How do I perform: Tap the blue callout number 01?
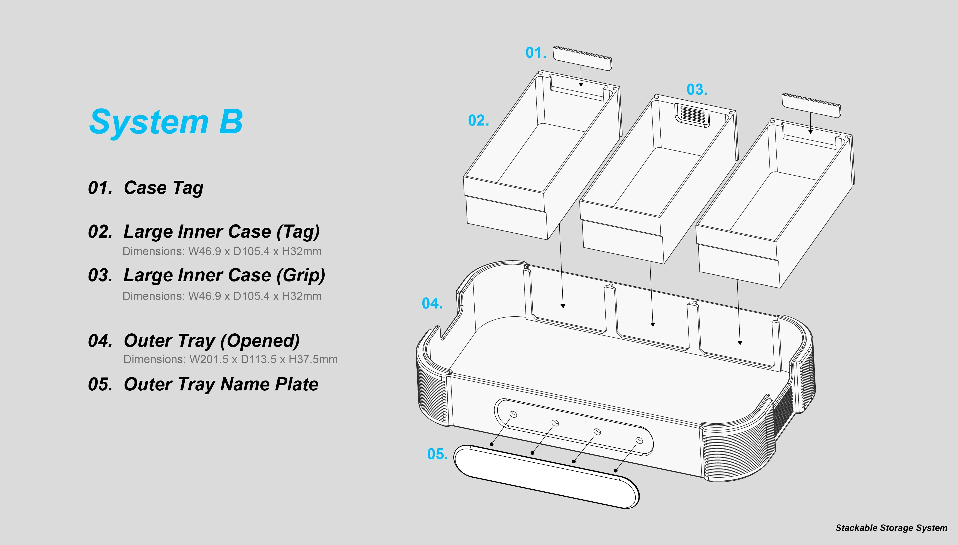coord(536,53)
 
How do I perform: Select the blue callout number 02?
coord(478,120)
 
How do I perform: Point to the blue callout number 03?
coord(697,90)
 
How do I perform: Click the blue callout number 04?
coord(432,303)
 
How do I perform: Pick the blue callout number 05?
coord(437,454)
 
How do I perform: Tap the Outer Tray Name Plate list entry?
coord(221,384)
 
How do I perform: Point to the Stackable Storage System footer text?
coord(891,528)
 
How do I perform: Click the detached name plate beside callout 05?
coord(546,476)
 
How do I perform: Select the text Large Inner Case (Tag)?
coord(221,232)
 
